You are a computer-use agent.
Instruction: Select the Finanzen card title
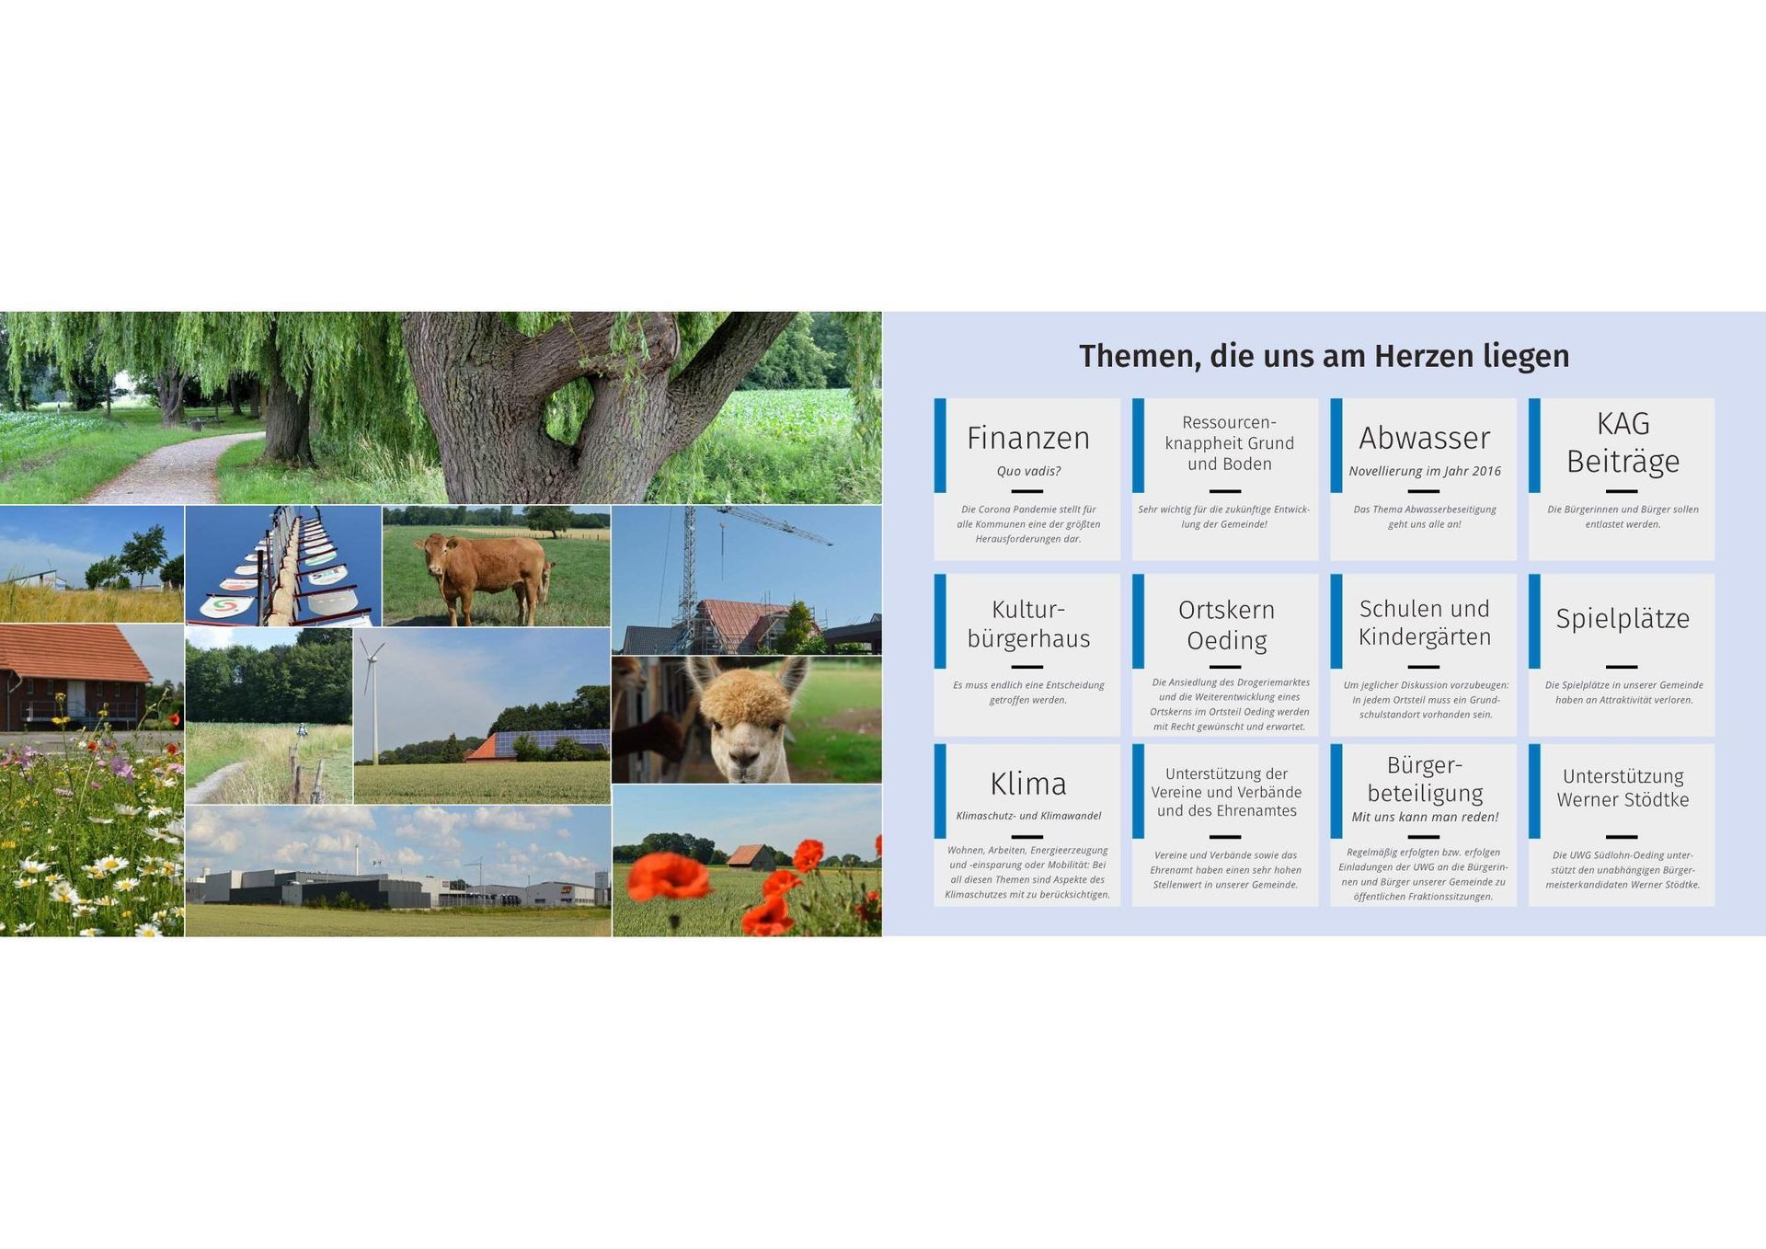tap(1028, 438)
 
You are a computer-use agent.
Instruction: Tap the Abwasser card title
tap(1425, 438)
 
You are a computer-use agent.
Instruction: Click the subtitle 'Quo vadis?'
tap(1028, 471)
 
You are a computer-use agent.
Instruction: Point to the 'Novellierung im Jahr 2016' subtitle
tap(1425, 471)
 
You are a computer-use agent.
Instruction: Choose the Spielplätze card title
tap(1623, 619)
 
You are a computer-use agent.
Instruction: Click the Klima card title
tap(1028, 784)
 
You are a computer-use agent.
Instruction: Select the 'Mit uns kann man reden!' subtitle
tap(1425, 817)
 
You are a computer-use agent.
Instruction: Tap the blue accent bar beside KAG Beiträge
tap(1534, 445)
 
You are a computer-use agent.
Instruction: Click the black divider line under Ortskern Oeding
tap(1225, 667)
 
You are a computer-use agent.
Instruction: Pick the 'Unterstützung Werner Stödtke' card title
tap(1623, 788)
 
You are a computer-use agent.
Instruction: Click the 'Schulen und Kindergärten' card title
tap(1425, 623)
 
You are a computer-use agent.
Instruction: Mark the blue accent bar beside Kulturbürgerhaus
tap(940, 622)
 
